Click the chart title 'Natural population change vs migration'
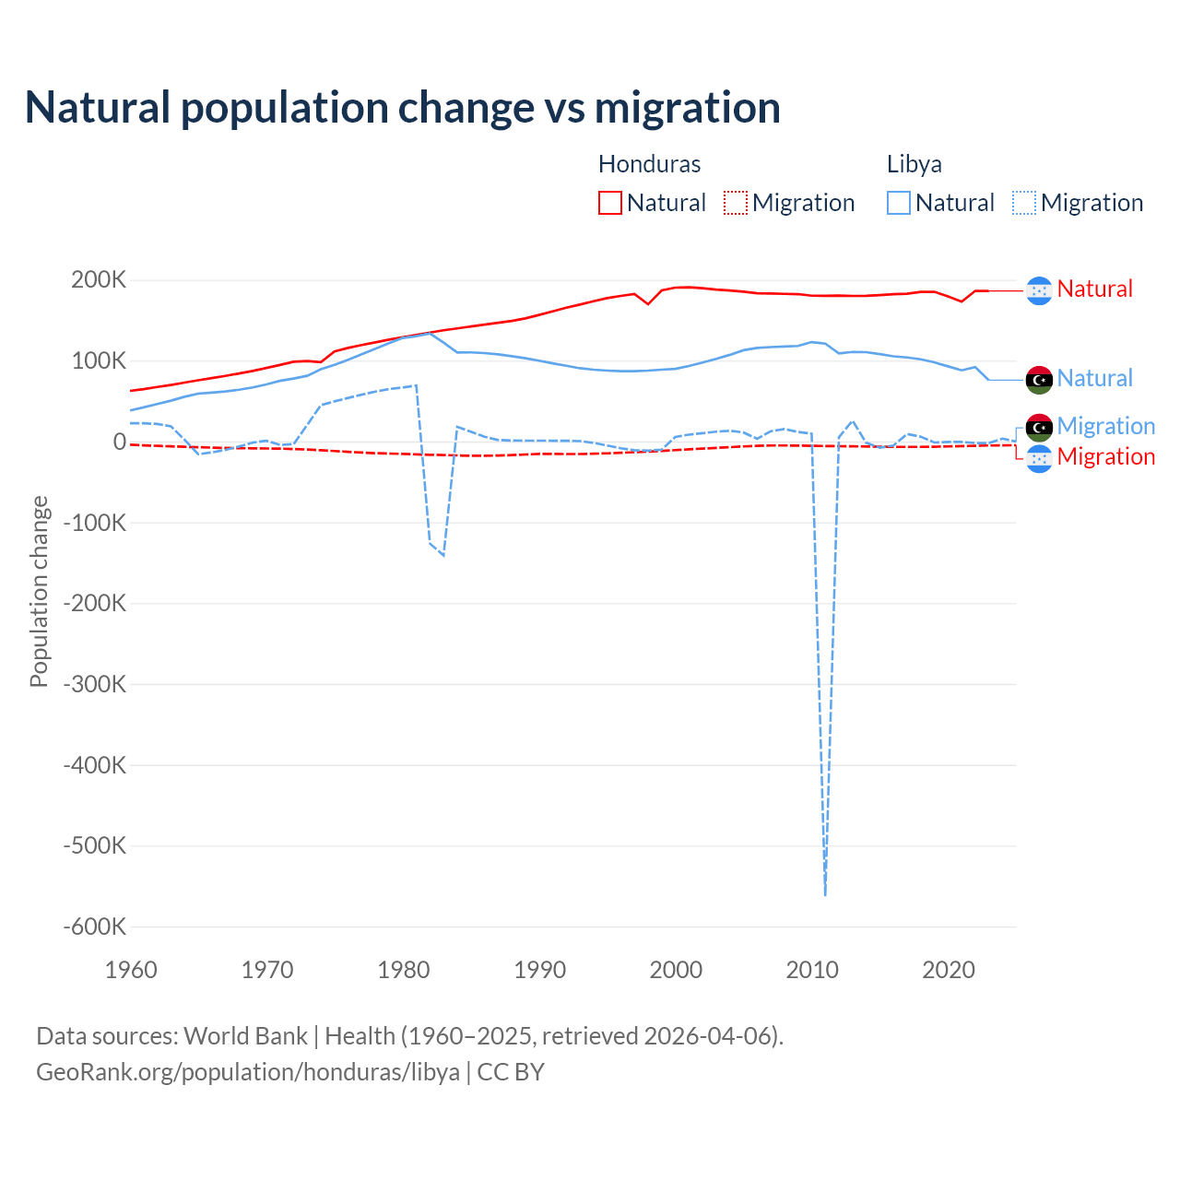tap(403, 108)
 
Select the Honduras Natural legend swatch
tap(609, 203)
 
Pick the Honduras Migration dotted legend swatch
tap(735, 203)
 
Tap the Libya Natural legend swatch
tap(898, 203)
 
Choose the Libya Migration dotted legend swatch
tap(1023, 203)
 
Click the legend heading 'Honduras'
tap(649, 164)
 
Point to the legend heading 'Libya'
tap(914, 164)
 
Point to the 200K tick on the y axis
tap(99, 280)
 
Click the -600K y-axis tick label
tap(94, 926)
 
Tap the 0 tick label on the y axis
tap(119, 442)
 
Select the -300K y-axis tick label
tap(94, 684)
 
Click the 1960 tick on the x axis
tap(131, 970)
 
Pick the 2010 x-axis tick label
tap(812, 970)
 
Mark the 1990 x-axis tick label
tap(539, 970)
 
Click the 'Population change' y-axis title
tap(39, 591)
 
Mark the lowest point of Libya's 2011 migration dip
tap(825, 894)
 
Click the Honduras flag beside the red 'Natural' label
tap(1039, 290)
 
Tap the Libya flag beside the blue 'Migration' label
tap(1039, 427)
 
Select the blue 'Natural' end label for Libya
tap(1094, 378)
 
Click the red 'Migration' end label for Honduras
tap(1105, 456)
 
